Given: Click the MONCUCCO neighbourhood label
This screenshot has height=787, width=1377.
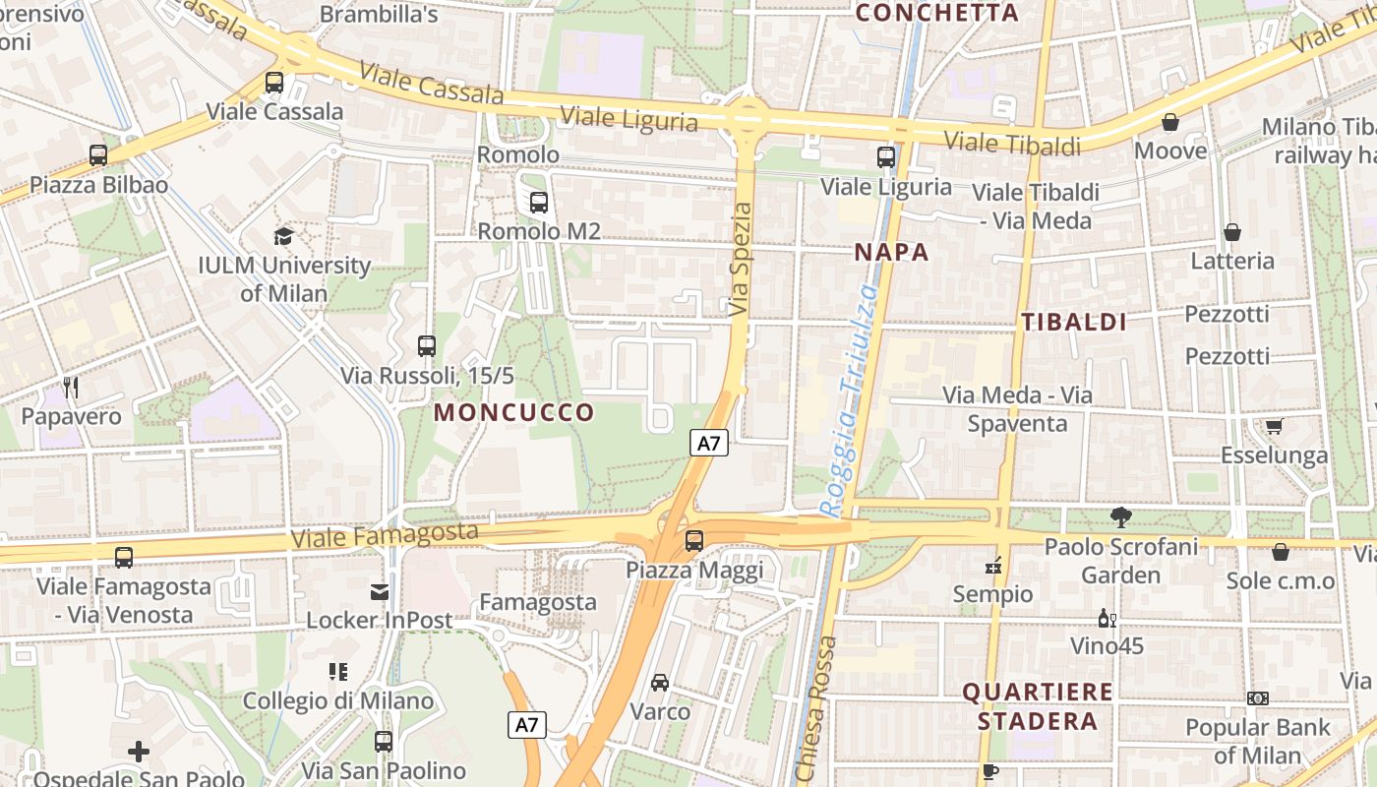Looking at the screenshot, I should coord(514,412).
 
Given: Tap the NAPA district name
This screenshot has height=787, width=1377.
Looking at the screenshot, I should coord(891,252).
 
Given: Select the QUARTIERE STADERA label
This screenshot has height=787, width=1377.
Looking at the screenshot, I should coord(1037,706).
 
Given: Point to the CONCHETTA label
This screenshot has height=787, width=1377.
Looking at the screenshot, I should coord(936,13).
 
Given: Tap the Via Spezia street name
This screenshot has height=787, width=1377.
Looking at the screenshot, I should coord(742,260).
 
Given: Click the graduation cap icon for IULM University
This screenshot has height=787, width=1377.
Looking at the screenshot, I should coord(284,236).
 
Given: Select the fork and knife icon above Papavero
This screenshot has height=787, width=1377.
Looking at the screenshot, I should coord(70,388).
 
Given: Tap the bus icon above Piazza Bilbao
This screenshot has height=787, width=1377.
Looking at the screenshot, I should coord(97,154).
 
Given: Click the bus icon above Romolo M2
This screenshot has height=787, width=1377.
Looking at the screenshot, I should coord(538,203).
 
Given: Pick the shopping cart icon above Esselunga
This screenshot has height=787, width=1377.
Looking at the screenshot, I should coord(1274,426).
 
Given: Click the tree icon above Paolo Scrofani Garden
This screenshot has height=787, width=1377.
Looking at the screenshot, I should coord(1120,517).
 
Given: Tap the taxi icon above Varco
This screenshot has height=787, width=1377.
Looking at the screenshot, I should coord(660,682).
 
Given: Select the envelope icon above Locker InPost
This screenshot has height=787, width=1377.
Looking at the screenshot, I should coord(379,591).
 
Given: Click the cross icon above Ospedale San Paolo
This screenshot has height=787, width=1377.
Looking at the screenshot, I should coord(139,752).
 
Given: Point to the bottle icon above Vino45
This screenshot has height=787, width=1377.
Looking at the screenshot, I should coord(1107,619).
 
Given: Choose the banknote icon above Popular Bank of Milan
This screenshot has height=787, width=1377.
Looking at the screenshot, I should coord(1257,698).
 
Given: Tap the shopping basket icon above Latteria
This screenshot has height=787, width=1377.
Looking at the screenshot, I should coord(1231,232).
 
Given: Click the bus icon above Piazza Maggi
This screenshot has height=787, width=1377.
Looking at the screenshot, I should coord(694,540).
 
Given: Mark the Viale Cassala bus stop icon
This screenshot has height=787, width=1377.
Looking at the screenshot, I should coord(274,83).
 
